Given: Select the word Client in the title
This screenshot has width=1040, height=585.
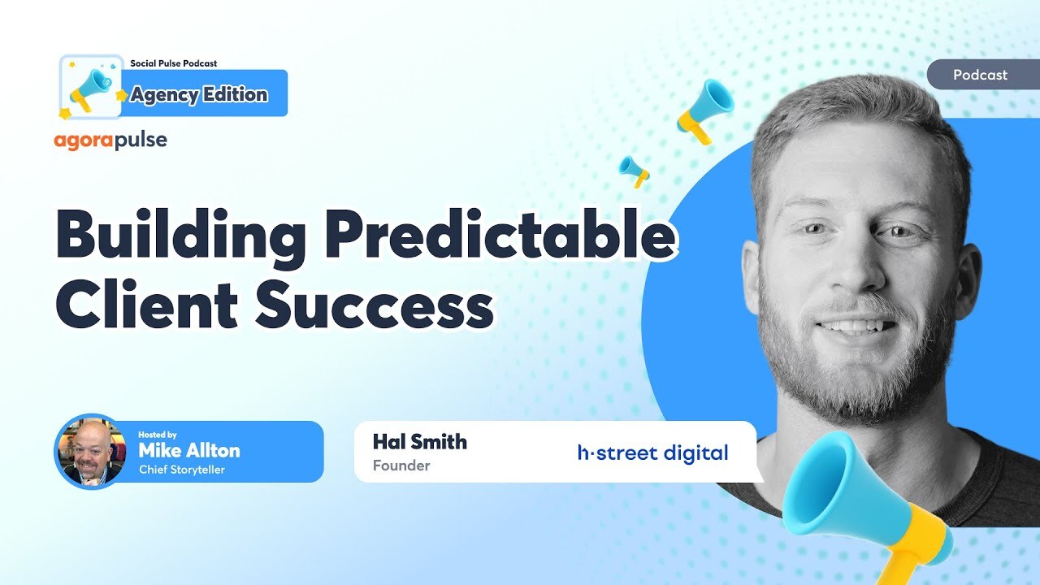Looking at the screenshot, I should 146,305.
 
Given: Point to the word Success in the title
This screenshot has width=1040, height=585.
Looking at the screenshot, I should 374,305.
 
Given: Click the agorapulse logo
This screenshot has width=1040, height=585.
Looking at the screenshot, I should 110,140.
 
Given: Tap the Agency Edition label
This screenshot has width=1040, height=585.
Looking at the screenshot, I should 199,94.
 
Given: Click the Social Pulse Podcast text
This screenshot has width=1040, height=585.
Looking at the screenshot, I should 173,63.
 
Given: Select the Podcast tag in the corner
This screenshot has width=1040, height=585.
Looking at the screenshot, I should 980,75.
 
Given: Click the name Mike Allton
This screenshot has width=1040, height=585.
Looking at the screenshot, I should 188,450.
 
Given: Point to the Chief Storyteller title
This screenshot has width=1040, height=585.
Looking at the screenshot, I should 181,470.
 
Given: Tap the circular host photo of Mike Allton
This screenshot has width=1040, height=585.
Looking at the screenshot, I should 89,452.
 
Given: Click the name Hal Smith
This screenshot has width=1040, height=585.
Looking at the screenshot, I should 419,442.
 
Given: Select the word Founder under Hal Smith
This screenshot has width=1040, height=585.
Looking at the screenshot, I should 401,466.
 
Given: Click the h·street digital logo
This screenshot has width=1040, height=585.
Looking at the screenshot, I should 652,453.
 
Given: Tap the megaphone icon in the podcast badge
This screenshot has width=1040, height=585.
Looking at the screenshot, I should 91,87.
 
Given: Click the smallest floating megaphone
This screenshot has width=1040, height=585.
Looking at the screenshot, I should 634,170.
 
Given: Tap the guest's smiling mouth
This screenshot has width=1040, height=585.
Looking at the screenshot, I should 857,327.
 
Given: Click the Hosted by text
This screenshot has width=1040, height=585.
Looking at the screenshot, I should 157,435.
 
